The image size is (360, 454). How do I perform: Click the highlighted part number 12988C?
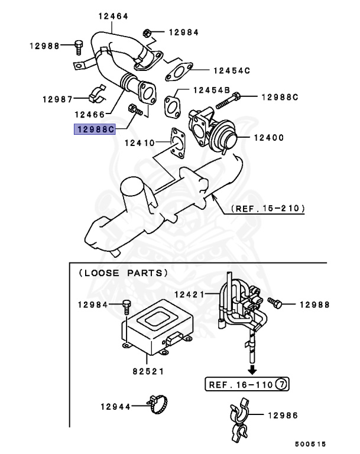tap(95, 129)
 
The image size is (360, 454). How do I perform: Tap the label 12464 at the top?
tap(113, 16)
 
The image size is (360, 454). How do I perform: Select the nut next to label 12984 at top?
tap(147, 33)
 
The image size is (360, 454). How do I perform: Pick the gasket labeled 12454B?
tap(172, 106)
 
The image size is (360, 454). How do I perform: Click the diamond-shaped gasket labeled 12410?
tap(178, 143)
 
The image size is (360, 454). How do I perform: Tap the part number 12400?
tap(269, 138)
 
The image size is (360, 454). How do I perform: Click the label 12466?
tap(89, 115)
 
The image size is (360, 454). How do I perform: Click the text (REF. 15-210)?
tap(268, 209)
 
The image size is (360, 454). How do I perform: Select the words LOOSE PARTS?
tap(124, 273)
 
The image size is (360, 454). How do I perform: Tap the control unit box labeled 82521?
tap(157, 327)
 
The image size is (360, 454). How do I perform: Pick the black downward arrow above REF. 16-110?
tap(252, 369)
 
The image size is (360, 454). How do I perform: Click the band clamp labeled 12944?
tap(158, 404)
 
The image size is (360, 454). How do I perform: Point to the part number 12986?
tap(283, 416)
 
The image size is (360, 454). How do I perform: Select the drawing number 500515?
tap(310, 444)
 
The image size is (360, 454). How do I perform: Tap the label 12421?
tap(189, 295)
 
